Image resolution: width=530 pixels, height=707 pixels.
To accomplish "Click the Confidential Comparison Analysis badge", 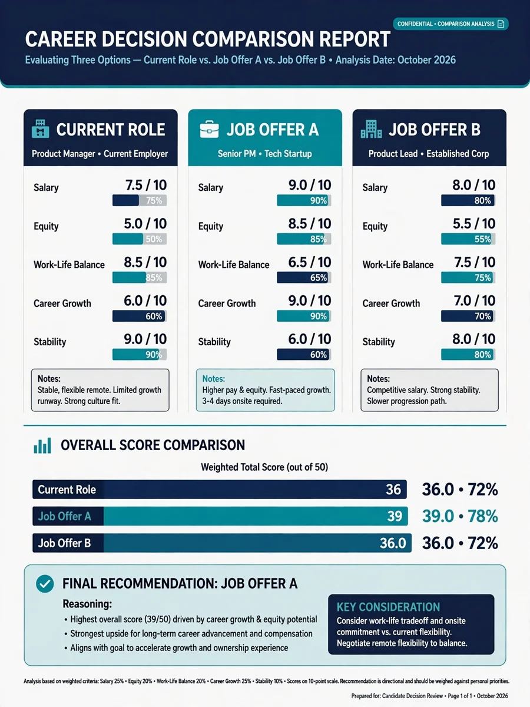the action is (450, 24).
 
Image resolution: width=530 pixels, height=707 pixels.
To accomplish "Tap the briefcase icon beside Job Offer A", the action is (209, 129).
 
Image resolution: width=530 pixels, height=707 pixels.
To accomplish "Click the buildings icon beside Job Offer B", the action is (372, 129).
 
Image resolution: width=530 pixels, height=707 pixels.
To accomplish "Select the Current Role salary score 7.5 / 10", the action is (146, 185).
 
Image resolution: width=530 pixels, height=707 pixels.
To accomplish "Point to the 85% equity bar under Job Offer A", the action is (304, 239).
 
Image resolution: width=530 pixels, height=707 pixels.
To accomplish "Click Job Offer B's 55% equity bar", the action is (468, 239).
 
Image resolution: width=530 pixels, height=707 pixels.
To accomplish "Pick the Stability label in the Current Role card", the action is (50, 342).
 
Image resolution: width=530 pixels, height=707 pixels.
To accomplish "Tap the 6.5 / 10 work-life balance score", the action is (310, 263).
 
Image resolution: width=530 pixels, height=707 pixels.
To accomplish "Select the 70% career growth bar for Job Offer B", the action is (468, 316).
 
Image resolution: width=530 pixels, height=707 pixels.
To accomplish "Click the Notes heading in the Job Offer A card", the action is (214, 379).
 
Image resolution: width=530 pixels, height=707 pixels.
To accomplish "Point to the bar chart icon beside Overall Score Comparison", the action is (42, 445).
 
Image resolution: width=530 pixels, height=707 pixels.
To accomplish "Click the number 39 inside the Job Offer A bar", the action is (395, 516).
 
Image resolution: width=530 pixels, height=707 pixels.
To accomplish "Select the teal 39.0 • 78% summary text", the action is (460, 516).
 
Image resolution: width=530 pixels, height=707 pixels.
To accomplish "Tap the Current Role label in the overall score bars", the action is (67, 490).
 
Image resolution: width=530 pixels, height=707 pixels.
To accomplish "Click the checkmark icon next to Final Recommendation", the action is (45, 584).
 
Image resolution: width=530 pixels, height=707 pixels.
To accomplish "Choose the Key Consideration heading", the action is (388, 607).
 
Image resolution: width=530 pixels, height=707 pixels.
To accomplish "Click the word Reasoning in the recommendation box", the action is (87, 604).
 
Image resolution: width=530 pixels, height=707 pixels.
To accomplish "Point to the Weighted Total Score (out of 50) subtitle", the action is (264, 467).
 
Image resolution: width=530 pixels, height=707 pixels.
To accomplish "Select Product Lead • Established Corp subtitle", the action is (429, 154).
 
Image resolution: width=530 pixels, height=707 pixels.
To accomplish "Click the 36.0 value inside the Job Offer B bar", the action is (393, 543).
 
